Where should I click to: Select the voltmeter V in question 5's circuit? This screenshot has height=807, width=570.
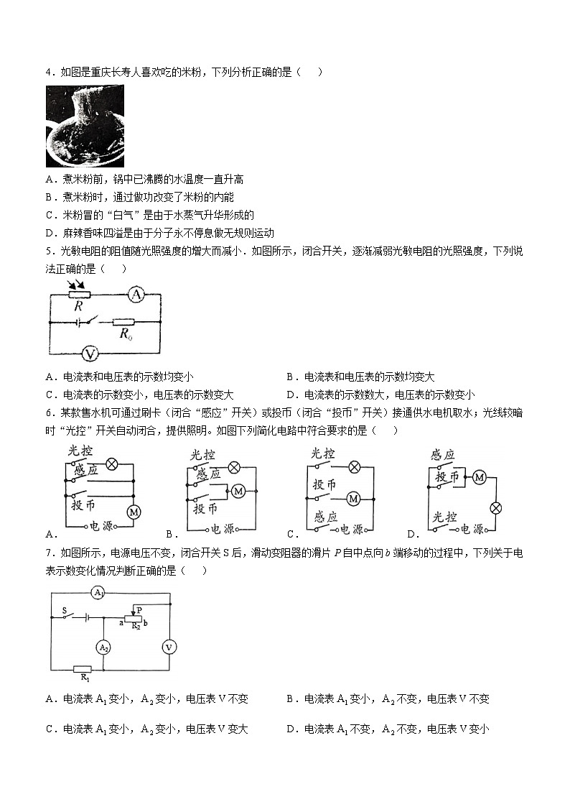pyautogui.click(x=90, y=353)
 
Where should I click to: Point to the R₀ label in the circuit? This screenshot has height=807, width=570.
pyautogui.click(x=126, y=333)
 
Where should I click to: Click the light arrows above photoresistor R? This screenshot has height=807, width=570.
pyautogui.click(x=75, y=285)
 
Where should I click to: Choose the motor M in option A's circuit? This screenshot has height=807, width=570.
pyautogui.click(x=133, y=512)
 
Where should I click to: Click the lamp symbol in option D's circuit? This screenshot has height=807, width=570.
pyautogui.click(x=495, y=507)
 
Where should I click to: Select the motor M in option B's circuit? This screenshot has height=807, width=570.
pyautogui.click(x=237, y=490)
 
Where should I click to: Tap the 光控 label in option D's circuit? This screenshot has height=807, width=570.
pyautogui.click(x=444, y=517)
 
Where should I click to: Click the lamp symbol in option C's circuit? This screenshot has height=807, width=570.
pyautogui.click(x=354, y=466)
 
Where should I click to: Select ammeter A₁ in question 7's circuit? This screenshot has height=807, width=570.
pyautogui.click(x=99, y=593)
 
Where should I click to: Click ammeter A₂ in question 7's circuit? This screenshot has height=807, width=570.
pyautogui.click(x=104, y=647)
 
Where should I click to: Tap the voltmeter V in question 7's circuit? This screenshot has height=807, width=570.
pyautogui.click(x=169, y=647)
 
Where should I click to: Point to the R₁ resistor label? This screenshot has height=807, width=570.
pyautogui.click(x=84, y=677)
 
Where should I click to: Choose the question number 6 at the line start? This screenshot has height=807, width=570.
pyautogui.click(x=48, y=412)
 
